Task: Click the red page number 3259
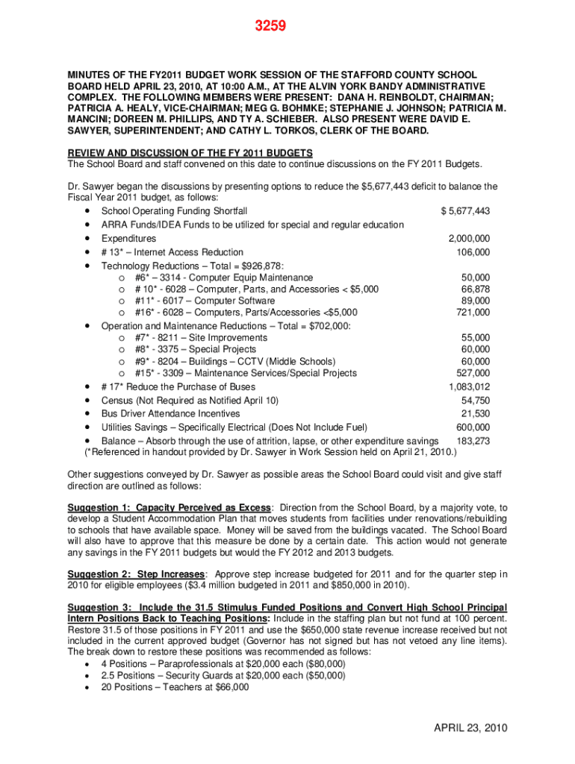click(270, 28)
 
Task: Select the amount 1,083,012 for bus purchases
click(469, 386)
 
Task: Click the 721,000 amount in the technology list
click(473, 313)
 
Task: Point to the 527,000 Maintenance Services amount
click(473, 374)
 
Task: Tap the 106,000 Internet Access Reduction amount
click(473, 252)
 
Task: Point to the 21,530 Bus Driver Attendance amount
click(476, 413)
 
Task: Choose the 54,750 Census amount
click(476, 400)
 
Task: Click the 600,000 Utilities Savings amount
click(473, 428)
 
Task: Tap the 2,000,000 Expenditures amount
click(469, 239)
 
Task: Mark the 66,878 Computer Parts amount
click(476, 289)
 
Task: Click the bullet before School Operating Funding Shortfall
click(88, 211)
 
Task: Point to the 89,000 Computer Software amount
click(476, 301)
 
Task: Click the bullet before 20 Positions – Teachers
click(88, 688)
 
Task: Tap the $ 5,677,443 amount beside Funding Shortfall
click(465, 211)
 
